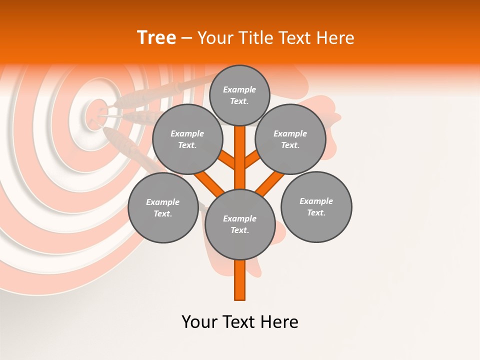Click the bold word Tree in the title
[x=156, y=38]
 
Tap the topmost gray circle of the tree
[x=239, y=95]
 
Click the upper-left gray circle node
[x=187, y=139]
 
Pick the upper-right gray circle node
[x=290, y=139]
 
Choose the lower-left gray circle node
[x=163, y=207]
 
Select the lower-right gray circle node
[x=316, y=206]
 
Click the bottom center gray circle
[x=240, y=224]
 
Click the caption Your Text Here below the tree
[x=240, y=322]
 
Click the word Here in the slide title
[x=337, y=38]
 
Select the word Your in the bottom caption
[x=199, y=322]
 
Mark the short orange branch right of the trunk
[x=251, y=159]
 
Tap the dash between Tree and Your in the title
[x=186, y=38]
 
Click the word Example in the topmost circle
[x=239, y=89]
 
